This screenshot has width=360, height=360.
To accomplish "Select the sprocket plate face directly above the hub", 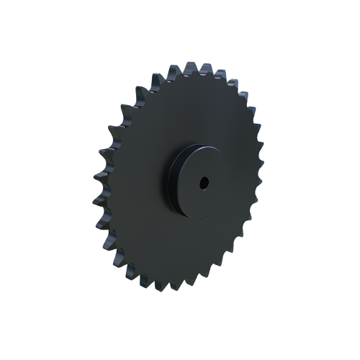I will [x=194, y=108].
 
